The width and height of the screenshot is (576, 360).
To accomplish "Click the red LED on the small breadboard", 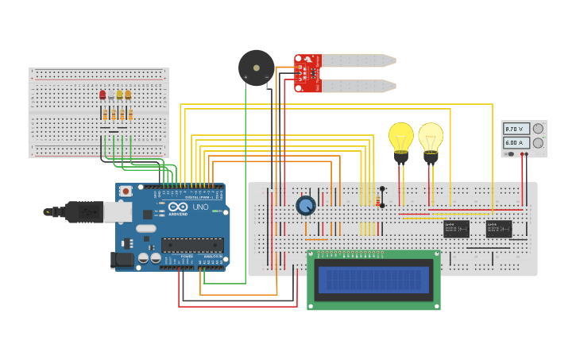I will (102, 95).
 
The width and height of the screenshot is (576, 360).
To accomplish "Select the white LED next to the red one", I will (111, 95).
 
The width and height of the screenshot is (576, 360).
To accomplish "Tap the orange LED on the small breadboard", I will (128, 95).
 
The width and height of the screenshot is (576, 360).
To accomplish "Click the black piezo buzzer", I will (256, 68).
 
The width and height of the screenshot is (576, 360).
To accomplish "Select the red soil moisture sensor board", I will (307, 72).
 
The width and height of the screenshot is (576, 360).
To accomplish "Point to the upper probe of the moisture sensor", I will (358, 60).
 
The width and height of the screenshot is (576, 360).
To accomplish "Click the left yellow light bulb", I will (401, 138).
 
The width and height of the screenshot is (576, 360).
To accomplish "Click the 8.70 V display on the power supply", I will (516, 129).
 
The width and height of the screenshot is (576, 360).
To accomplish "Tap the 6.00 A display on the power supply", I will (516, 143).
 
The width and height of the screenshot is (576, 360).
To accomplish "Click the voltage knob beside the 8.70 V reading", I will (538, 129).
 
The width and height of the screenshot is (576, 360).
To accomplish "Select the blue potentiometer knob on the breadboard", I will (305, 206).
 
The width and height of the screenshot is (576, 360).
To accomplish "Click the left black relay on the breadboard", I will (456, 229).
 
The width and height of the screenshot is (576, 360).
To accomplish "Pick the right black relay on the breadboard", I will (499, 229).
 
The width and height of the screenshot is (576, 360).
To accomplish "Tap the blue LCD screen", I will (373, 280).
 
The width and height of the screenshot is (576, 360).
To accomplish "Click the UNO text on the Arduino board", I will (201, 207).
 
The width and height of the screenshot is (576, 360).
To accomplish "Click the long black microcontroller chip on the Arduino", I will (191, 245).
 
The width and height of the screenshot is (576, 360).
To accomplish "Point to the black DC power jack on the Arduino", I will (121, 258).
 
